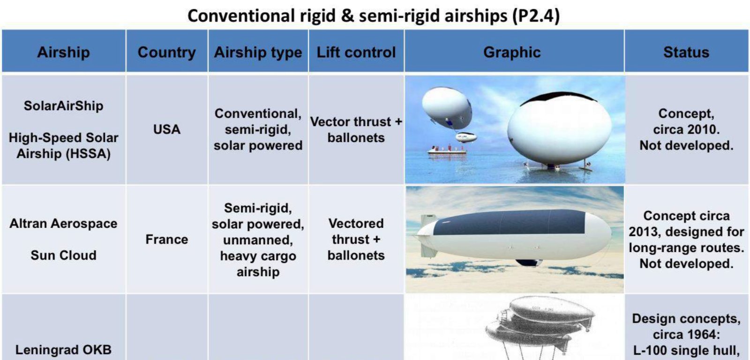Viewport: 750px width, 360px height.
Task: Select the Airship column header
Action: (x=64, y=52)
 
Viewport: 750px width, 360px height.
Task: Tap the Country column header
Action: (x=167, y=52)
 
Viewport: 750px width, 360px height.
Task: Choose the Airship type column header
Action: (x=258, y=52)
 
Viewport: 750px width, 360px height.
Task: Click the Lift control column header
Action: (x=356, y=52)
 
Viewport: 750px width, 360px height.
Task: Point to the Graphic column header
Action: (x=512, y=52)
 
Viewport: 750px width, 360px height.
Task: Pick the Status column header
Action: (x=686, y=52)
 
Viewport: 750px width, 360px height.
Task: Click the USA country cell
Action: (x=167, y=129)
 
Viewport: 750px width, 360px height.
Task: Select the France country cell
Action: (x=167, y=240)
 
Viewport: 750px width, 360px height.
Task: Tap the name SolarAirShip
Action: (x=64, y=106)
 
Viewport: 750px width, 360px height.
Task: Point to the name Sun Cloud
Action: (x=64, y=255)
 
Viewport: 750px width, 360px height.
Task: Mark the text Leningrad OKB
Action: (x=64, y=350)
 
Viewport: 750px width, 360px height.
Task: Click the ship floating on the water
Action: (x=447, y=150)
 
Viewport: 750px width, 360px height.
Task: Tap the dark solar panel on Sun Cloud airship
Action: (x=509, y=222)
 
